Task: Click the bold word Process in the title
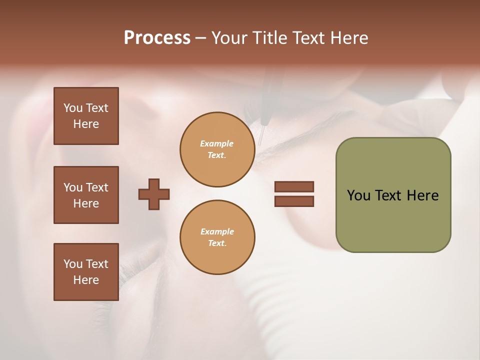pos(157,38)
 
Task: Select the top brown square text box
pos(86,116)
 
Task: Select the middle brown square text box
pos(86,195)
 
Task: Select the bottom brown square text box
pos(86,272)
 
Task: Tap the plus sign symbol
pos(154,194)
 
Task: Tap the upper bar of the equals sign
pos(294,186)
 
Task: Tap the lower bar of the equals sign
pos(294,201)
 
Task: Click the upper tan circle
pos(217,149)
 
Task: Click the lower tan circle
pos(217,237)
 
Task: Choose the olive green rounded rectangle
pos(393,195)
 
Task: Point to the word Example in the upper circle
pos(217,143)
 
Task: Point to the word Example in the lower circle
pos(217,231)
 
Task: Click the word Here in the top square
pos(86,124)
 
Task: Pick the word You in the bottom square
pos(73,264)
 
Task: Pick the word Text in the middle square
pos(96,187)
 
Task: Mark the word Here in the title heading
pos(350,38)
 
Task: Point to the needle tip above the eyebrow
pos(259,144)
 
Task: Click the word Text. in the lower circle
pos(217,243)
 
